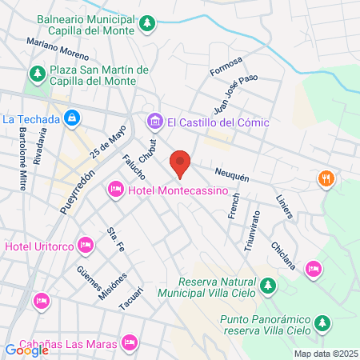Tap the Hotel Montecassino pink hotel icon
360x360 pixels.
coord(115,189)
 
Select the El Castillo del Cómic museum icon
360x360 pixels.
coord(154,122)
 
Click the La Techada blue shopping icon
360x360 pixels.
coord(73,118)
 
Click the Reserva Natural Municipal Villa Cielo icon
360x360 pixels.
coord(269,286)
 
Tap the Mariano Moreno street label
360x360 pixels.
coord(57,50)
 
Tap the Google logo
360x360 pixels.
coord(26,350)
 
